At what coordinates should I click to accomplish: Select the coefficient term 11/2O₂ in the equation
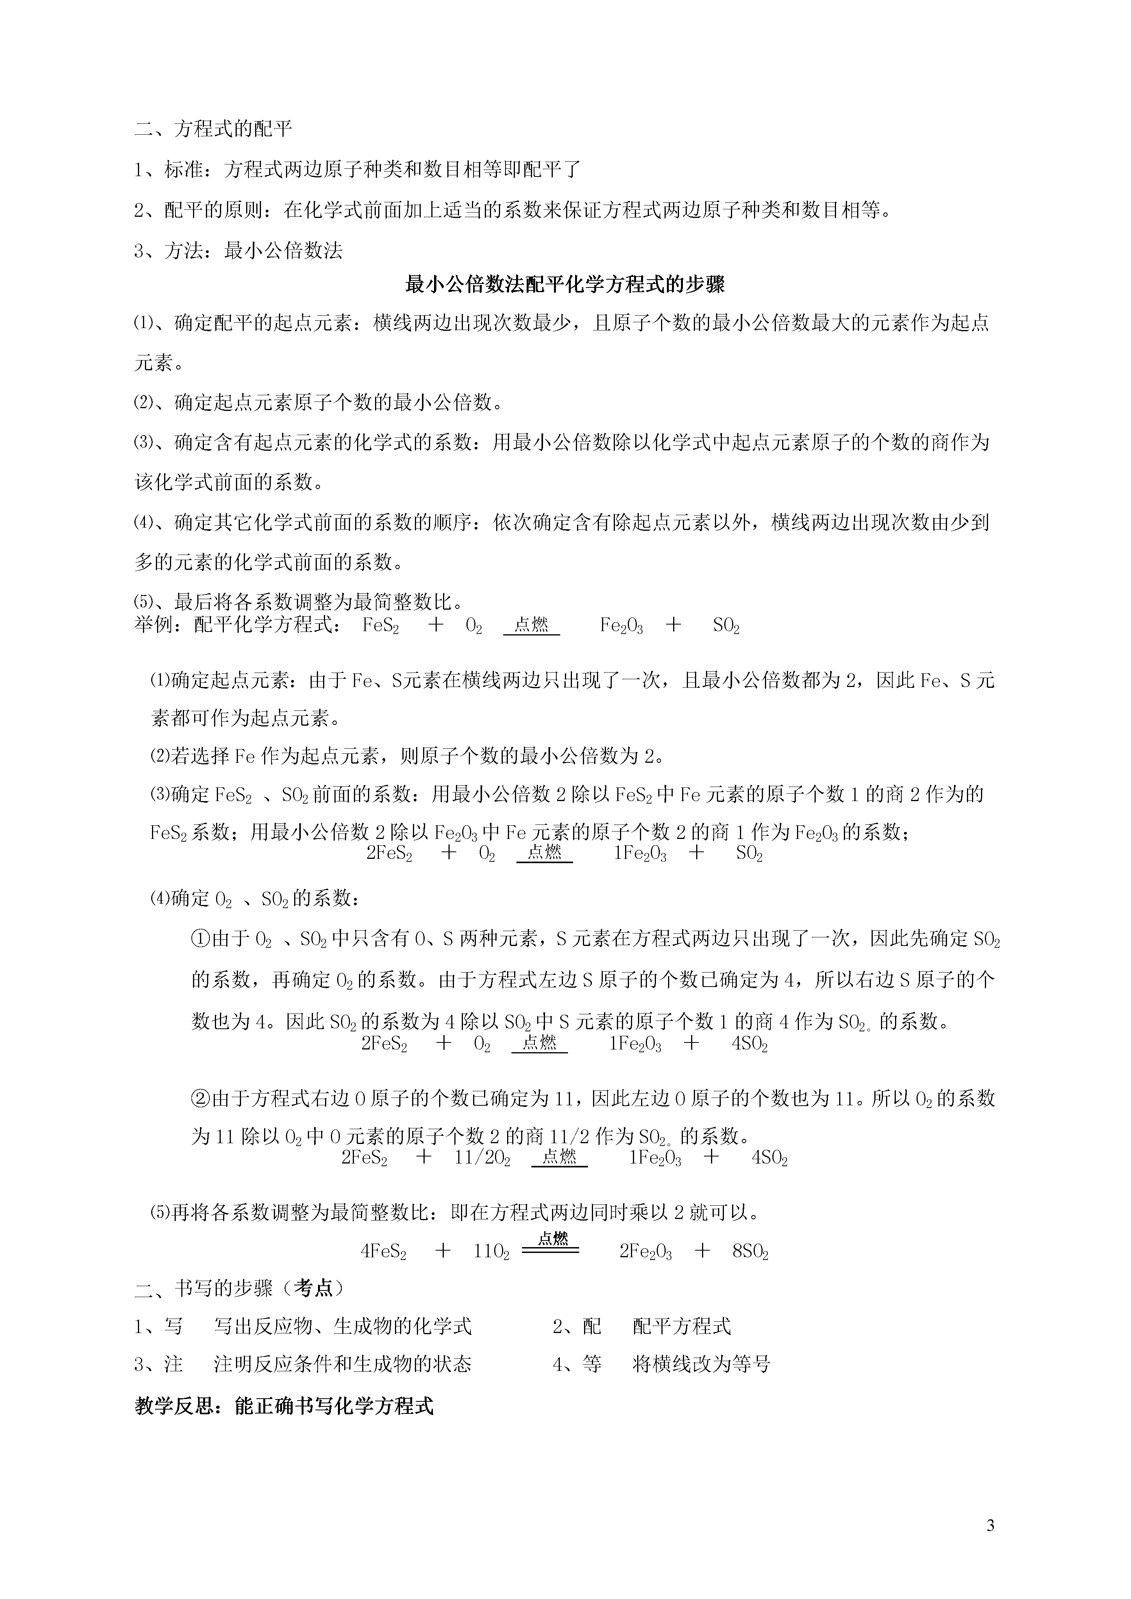[482, 1158]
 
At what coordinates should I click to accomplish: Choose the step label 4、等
[577, 1363]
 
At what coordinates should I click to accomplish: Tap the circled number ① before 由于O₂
[200, 939]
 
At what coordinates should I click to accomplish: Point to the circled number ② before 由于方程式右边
[200, 1098]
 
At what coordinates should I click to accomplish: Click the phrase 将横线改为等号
[701, 1363]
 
